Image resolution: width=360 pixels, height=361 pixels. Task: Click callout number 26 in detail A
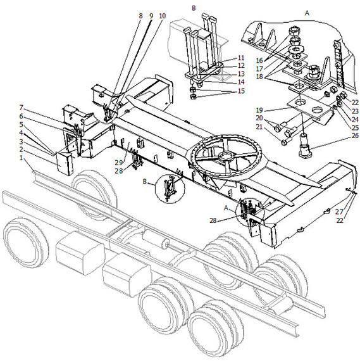pyautogui.click(x=355, y=136)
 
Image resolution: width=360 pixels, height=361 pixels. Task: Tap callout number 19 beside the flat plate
pyautogui.click(x=259, y=110)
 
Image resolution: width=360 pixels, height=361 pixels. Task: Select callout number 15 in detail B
pyautogui.click(x=241, y=91)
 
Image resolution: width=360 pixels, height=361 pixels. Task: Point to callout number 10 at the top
pyautogui.click(x=162, y=16)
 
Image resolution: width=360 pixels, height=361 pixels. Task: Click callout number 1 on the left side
pyautogui.click(x=21, y=158)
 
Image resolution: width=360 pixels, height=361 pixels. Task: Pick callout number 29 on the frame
pyautogui.click(x=119, y=163)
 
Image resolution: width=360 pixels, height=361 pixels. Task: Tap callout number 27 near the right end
pyautogui.click(x=339, y=212)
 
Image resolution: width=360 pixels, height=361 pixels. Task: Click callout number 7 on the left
pyautogui.click(x=21, y=108)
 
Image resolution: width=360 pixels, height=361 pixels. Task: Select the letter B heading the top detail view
pyautogui.click(x=194, y=8)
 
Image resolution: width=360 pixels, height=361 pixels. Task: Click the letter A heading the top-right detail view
pyautogui.click(x=307, y=13)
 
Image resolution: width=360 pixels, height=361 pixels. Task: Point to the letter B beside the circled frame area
pyautogui.click(x=144, y=181)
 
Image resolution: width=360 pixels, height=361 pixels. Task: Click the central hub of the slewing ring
pyautogui.click(x=227, y=157)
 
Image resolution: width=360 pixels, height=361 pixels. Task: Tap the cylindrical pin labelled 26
pyautogui.click(x=305, y=146)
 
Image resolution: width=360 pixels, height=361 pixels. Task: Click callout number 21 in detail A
pyautogui.click(x=259, y=127)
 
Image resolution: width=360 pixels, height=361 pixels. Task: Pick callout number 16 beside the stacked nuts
pyautogui.click(x=259, y=60)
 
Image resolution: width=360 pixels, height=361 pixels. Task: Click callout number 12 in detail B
pyautogui.click(x=241, y=66)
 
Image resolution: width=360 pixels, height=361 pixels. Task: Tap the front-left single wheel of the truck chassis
pyautogui.click(x=26, y=242)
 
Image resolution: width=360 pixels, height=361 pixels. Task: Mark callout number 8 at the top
pyautogui.click(x=141, y=16)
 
